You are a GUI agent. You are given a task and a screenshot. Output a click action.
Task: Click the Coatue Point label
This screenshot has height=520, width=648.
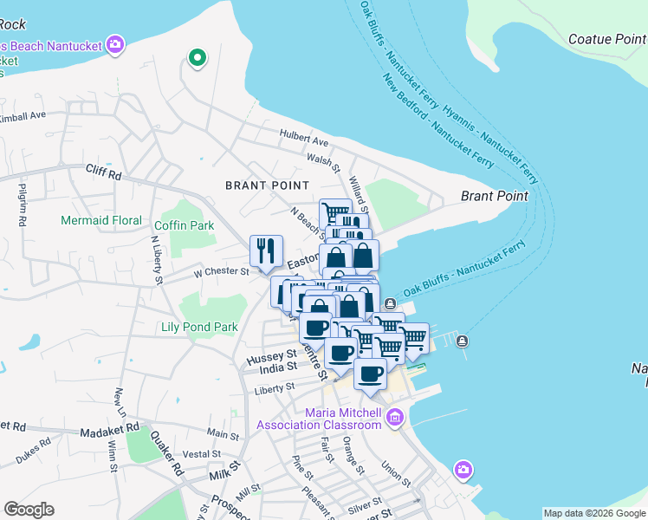point(607,39)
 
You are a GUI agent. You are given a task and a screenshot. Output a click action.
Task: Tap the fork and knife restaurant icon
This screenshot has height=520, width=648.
point(266,250)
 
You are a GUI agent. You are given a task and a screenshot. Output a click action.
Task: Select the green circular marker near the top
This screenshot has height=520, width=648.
point(197,59)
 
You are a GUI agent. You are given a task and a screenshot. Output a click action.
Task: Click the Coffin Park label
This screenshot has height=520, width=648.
point(184,225)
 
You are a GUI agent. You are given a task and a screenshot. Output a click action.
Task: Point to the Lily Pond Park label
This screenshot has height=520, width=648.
point(199,327)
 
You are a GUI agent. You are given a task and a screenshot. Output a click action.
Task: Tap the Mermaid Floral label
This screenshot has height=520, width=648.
point(101,220)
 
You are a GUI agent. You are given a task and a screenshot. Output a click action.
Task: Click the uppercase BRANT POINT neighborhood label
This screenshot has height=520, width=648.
point(267,185)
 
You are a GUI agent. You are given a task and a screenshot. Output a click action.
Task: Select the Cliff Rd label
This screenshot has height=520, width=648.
point(103,171)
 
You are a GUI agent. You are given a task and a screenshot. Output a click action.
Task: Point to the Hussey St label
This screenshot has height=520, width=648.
point(271,356)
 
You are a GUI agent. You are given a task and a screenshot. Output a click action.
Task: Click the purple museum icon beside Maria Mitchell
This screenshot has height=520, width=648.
point(395,418)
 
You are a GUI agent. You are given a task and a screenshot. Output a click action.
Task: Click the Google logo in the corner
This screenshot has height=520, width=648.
point(29,510)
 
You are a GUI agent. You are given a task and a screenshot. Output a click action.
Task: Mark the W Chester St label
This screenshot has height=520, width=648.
point(221,271)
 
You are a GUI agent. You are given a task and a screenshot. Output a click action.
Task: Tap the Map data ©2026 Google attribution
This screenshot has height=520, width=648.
point(594,513)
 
